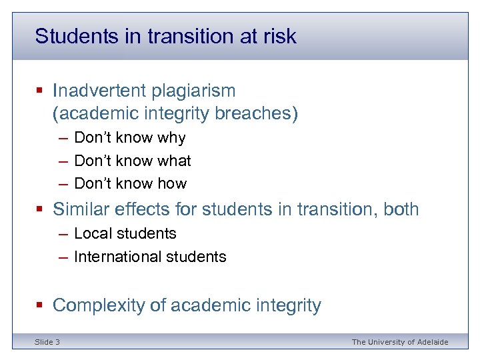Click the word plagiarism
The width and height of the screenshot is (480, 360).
click(199, 90)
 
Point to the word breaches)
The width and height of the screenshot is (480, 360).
click(257, 114)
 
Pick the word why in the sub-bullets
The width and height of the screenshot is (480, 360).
click(172, 138)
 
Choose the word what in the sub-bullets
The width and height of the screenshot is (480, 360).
click(174, 161)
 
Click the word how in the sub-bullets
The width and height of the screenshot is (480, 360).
click(172, 183)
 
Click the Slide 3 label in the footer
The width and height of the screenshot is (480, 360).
click(47, 342)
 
